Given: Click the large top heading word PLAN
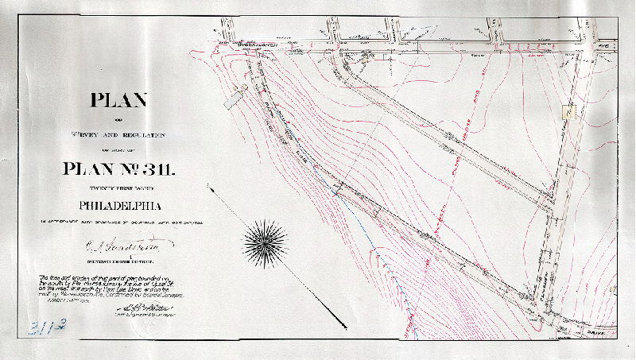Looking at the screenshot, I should pos(118,101).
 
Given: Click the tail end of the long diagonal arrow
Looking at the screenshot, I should pos(209,188).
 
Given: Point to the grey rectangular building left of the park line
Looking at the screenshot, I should pos(236,99).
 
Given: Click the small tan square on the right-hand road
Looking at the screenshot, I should pos(566,112).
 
